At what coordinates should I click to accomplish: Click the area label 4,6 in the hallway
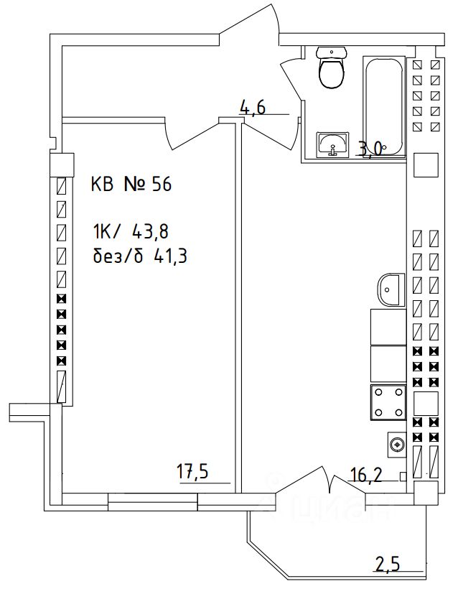coord(253,108)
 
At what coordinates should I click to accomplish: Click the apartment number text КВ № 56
coord(131,185)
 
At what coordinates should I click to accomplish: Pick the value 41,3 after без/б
coord(170,256)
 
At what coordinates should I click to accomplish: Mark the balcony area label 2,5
coord(387,565)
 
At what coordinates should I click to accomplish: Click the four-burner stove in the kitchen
coord(388,402)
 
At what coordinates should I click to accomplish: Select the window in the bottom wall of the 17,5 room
coord(152,501)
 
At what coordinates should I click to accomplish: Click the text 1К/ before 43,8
coord(107,231)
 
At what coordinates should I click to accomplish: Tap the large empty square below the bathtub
coord(425,165)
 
